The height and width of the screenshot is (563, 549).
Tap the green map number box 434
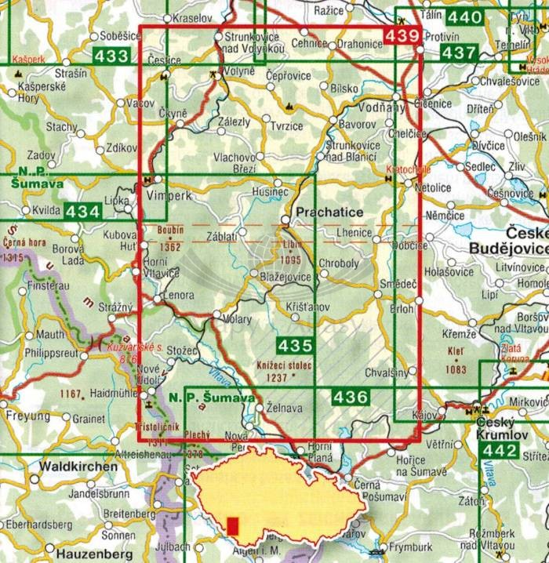tap(82, 211)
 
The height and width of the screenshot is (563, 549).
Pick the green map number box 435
tap(295, 344)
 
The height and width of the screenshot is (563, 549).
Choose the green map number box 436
tap(350, 398)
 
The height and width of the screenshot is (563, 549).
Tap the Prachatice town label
tap(328, 212)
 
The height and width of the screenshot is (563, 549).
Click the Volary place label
tap(236, 319)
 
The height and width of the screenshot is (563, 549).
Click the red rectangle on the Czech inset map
tap(232, 525)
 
